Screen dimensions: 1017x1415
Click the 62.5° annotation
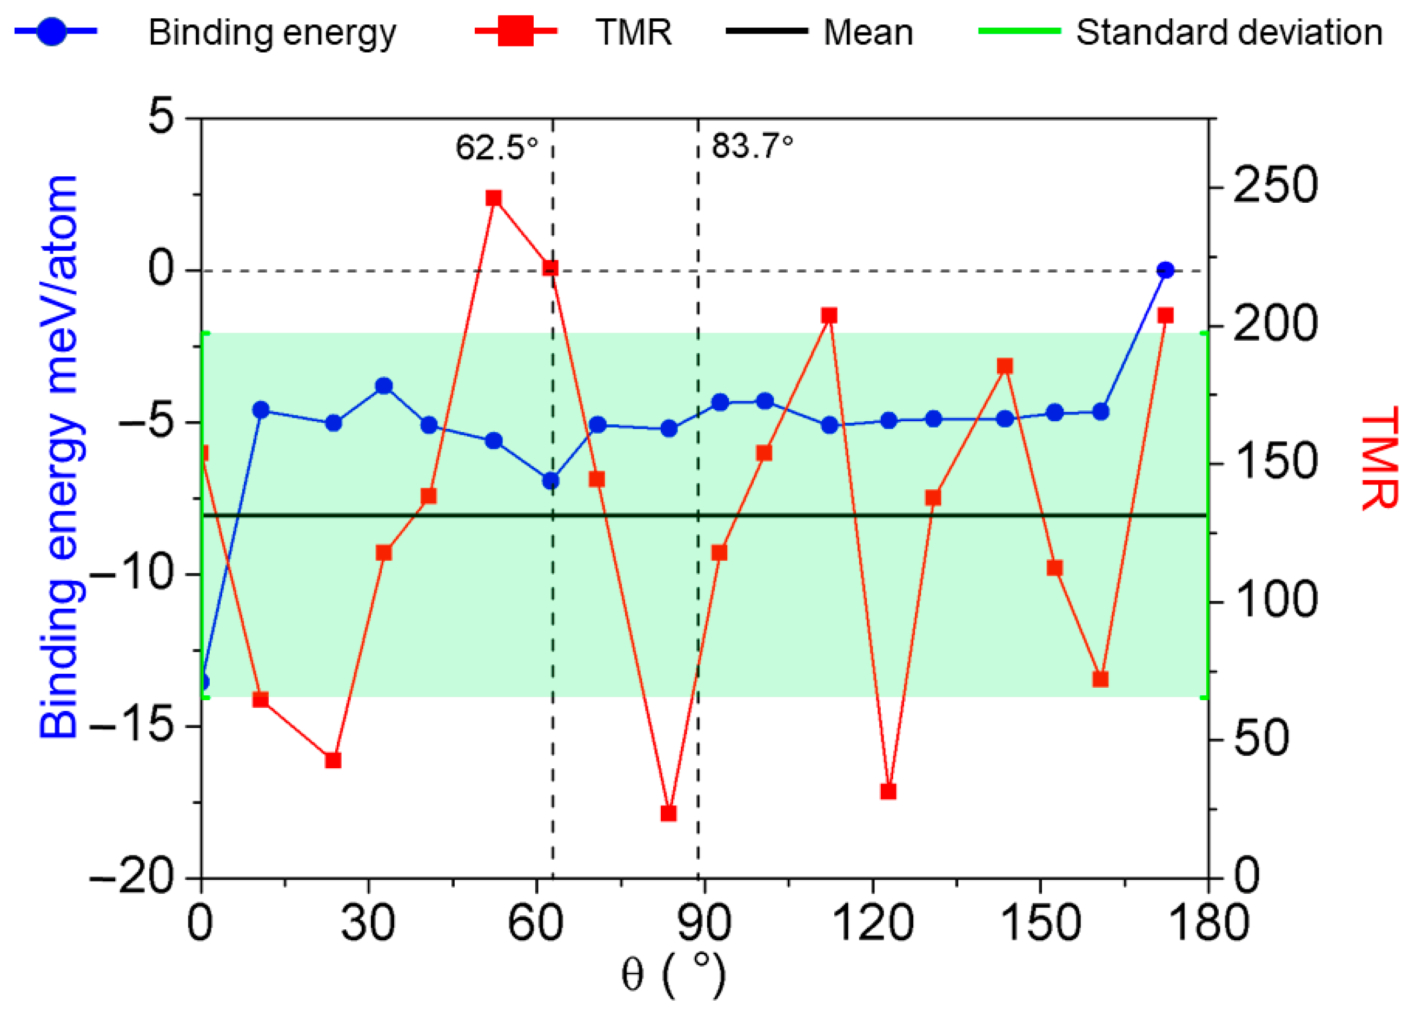496,148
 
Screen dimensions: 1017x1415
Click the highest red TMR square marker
494,198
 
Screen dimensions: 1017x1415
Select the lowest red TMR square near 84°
669,814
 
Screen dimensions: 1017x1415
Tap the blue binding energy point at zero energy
1165,270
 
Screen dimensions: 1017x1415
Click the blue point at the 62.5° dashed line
550,481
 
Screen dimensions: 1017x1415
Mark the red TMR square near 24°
333,761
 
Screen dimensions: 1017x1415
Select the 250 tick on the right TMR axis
1274,185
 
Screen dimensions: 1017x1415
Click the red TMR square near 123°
888,792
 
